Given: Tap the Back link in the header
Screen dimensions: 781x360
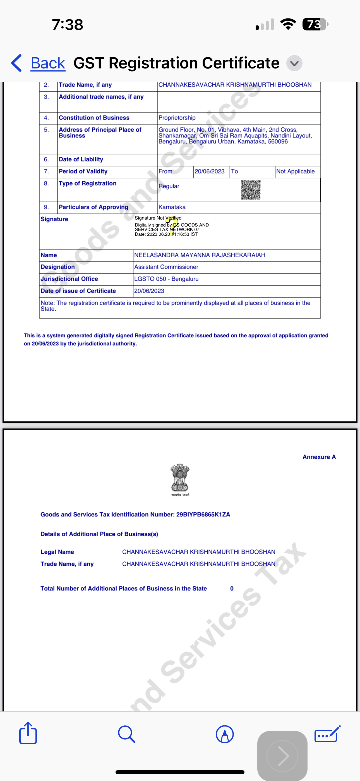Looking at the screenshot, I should [x=48, y=63].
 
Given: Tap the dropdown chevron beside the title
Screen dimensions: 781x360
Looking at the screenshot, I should [x=294, y=63].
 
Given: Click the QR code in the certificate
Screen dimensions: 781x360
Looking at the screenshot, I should [x=251, y=190].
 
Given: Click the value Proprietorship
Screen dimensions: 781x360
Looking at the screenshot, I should [x=177, y=118].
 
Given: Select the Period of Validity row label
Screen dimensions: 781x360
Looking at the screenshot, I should [x=83, y=171].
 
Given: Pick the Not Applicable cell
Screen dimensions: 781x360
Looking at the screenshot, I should [x=296, y=171].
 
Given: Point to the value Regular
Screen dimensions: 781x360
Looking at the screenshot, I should [x=169, y=186].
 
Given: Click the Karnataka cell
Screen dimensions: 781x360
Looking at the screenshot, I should [x=172, y=207].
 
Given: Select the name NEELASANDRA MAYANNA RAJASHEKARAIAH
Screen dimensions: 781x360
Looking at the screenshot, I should [x=200, y=255].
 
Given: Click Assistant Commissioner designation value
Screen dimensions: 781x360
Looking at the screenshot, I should [x=166, y=267].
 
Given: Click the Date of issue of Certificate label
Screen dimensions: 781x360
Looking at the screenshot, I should [x=78, y=291].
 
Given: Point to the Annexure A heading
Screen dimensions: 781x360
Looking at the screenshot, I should [x=319, y=457].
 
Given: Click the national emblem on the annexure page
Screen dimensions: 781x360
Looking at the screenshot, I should [x=180, y=479].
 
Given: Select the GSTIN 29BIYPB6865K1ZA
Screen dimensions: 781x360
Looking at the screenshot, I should [x=203, y=515].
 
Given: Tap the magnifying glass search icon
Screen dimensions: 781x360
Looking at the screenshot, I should [x=126, y=734].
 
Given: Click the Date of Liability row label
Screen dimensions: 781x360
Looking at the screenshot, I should [x=81, y=159].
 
